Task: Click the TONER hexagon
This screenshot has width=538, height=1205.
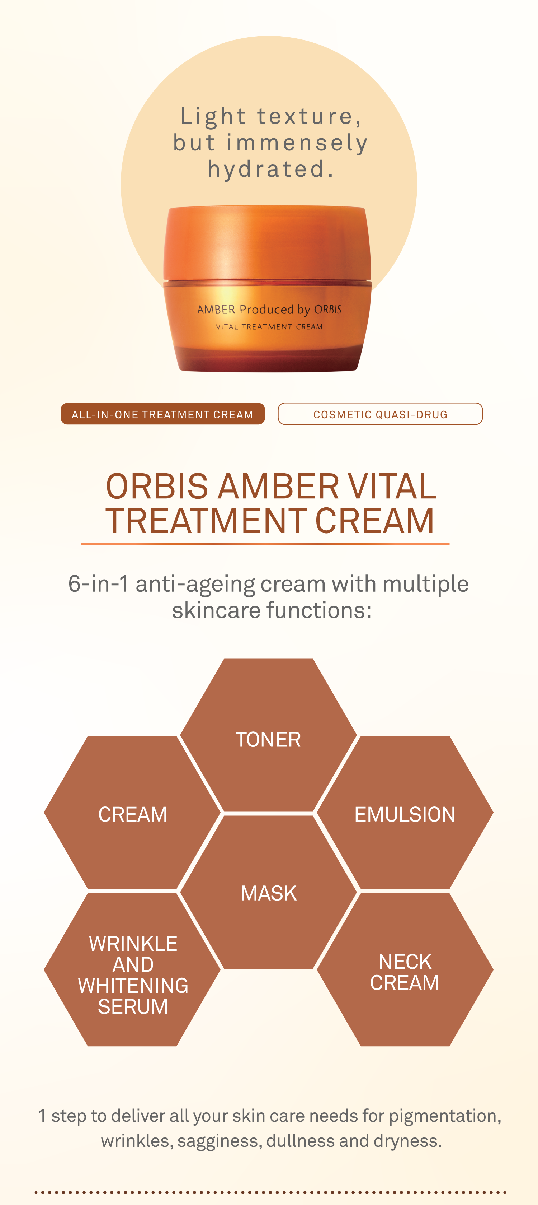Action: (268, 735)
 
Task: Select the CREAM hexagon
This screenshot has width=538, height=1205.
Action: (132, 813)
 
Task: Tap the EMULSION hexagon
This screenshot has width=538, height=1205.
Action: (405, 813)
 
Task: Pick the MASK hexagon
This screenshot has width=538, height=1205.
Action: (268, 892)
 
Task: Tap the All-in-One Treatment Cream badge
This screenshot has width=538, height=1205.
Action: (163, 414)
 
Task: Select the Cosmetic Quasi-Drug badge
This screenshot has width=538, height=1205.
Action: (380, 414)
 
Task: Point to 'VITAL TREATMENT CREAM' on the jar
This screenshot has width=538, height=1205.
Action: (269, 326)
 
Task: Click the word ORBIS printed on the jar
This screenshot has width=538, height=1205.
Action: (328, 310)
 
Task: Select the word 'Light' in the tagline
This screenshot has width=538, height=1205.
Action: (213, 116)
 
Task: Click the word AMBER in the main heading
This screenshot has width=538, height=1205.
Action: (278, 487)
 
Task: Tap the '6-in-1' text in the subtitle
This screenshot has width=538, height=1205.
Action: (98, 584)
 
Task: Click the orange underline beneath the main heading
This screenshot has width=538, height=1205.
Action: (265, 544)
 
